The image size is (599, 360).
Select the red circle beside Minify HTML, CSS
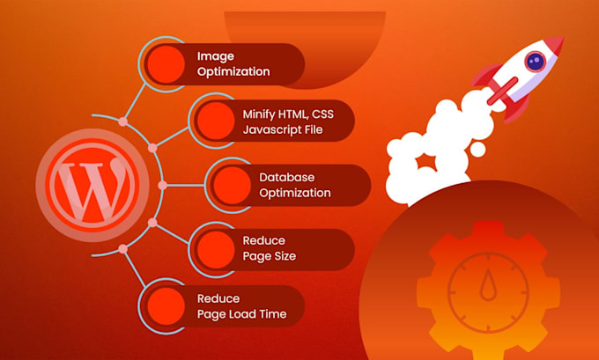point(214,121)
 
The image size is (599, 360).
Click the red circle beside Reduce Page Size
point(213,247)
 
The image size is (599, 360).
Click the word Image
point(215,55)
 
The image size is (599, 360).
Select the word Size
point(282,256)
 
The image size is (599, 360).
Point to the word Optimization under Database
point(294,193)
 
